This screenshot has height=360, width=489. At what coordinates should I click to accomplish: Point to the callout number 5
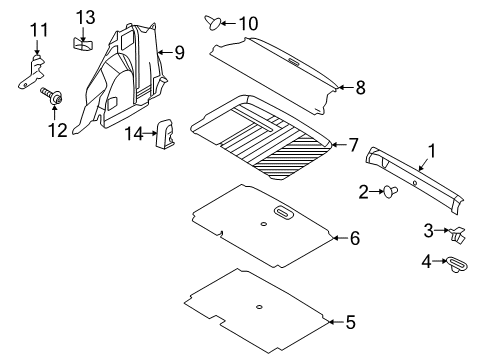(x=349, y=323)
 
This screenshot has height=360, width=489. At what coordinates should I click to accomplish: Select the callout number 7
(x=351, y=146)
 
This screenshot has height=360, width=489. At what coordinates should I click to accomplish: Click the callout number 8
(x=360, y=88)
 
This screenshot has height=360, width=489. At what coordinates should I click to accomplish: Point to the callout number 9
(x=179, y=51)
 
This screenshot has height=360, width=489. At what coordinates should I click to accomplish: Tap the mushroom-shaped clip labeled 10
(x=213, y=21)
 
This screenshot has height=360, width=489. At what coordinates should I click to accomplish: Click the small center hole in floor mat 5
(x=259, y=305)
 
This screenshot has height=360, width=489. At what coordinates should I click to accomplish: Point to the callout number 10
(x=246, y=22)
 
